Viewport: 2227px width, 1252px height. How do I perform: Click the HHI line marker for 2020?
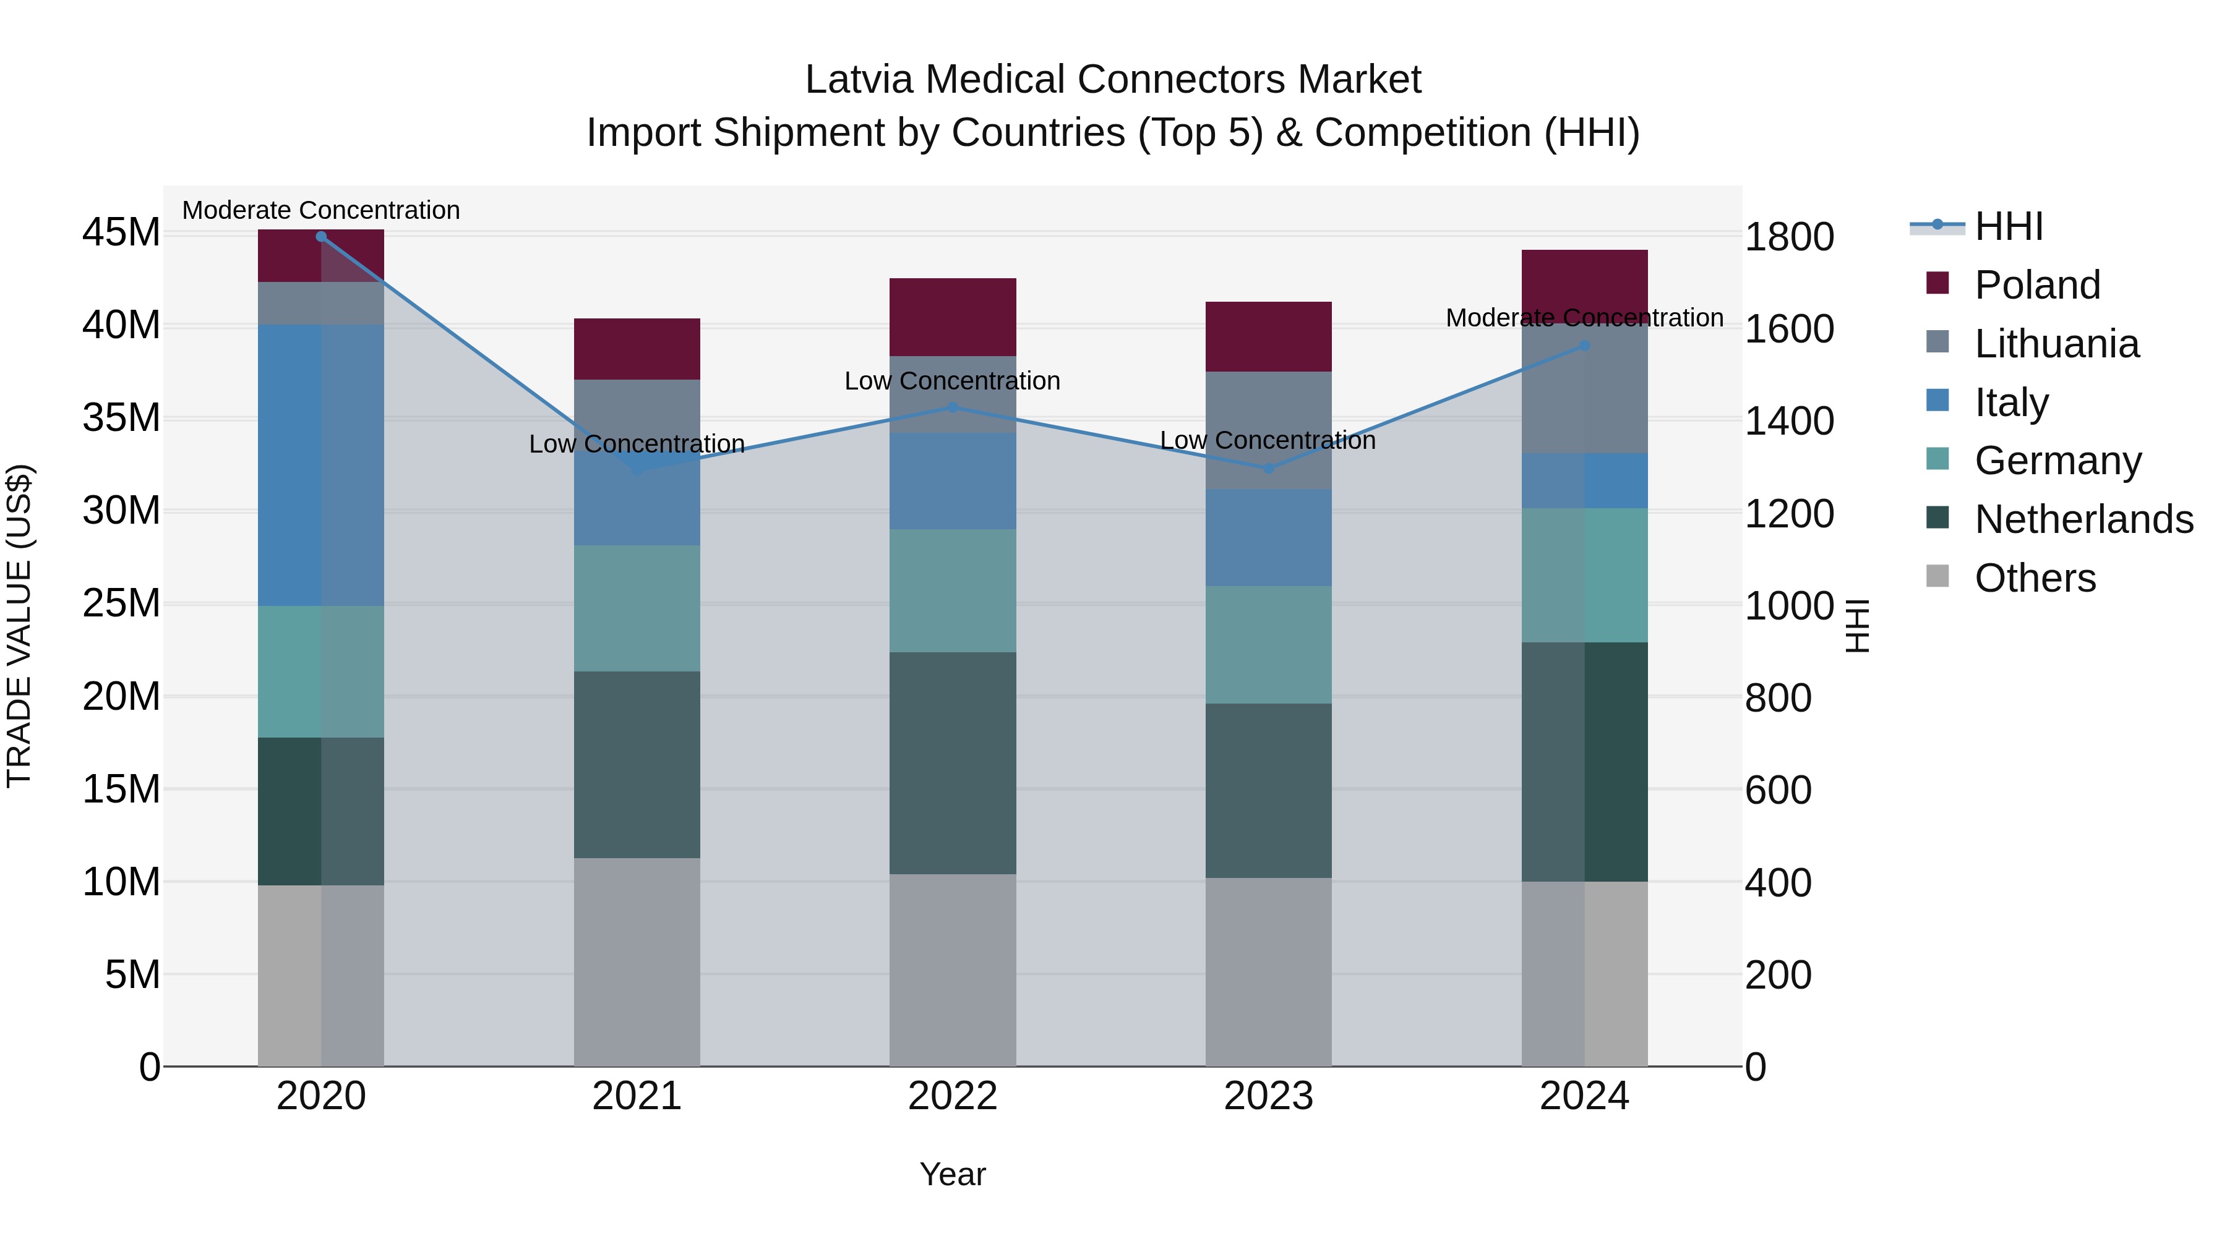pyautogui.click(x=320, y=236)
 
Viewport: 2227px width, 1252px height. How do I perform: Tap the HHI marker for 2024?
pyautogui.click(x=1584, y=346)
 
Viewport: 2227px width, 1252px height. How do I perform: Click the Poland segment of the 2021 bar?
pyautogui.click(x=637, y=349)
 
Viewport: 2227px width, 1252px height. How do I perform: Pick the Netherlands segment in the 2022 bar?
pyautogui.click(x=953, y=763)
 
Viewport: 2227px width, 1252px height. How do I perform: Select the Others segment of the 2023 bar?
pyautogui.click(x=1268, y=972)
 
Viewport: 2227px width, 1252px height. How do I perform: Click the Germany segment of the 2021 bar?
pyautogui.click(x=637, y=608)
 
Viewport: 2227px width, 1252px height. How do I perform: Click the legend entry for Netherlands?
pyautogui.click(x=2083, y=519)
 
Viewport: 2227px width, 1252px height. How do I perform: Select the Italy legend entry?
pyautogui.click(x=2011, y=402)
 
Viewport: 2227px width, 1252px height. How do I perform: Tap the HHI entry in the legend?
pyautogui.click(x=2008, y=226)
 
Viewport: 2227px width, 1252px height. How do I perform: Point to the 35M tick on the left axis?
pyautogui.click(x=121, y=418)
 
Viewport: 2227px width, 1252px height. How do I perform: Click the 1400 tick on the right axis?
pyautogui.click(x=1788, y=422)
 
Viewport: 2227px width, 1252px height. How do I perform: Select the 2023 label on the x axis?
pyautogui.click(x=1268, y=1096)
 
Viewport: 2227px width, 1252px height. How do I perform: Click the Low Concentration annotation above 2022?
pyautogui.click(x=952, y=381)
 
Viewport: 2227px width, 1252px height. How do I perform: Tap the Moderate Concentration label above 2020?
pyautogui.click(x=320, y=210)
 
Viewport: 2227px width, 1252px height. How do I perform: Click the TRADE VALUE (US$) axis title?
pyautogui.click(x=19, y=626)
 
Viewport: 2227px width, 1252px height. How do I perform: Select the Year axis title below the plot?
pyautogui.click(x=952, y=1174)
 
